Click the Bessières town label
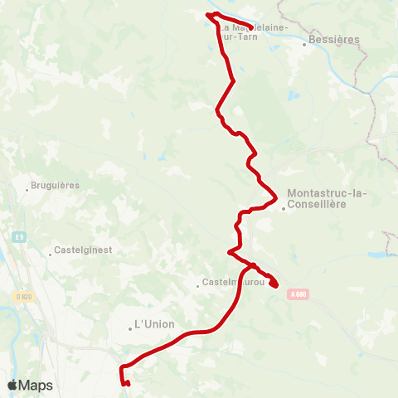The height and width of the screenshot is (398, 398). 334,39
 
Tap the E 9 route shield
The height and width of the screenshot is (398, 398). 19,238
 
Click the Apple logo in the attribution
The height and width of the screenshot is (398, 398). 12,385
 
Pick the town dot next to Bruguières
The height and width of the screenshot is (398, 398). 27,190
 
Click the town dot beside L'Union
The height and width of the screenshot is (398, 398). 130,328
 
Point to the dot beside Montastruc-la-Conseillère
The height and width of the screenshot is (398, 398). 283,210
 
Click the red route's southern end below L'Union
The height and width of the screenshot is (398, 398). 127,383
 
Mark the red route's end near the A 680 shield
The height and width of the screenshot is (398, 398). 274,288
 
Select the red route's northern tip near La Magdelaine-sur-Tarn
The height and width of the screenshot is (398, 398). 207,15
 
